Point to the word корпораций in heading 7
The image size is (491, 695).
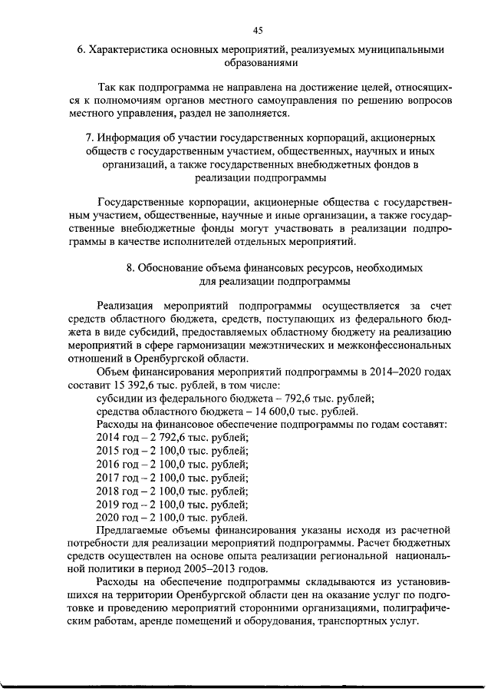click(323, 139)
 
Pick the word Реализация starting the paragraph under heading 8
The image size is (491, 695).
click(124, 306)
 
